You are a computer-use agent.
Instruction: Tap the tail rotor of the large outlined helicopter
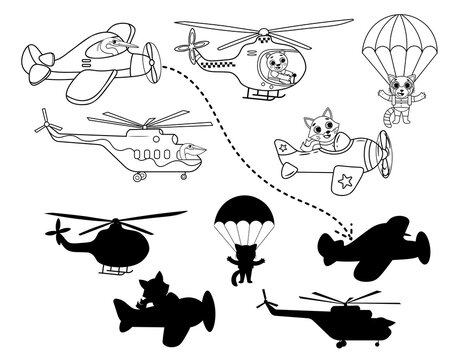point(42,126)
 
